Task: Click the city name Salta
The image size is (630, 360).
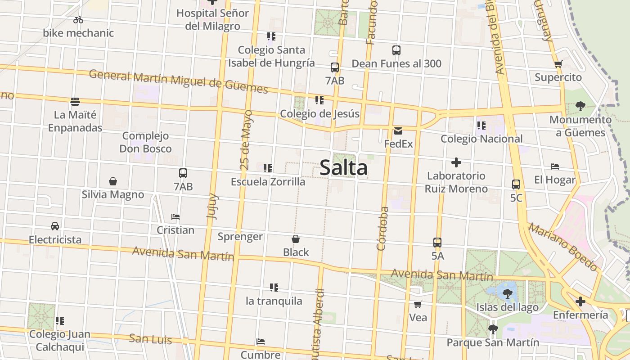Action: click(343, 168)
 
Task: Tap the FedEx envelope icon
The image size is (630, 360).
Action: click(398, 131)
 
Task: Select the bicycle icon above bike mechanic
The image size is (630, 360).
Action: click(78, 20)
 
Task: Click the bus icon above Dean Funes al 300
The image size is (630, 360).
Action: click(396, 50)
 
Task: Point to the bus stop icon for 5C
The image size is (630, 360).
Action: click(516, 184)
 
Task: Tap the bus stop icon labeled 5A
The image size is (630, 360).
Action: click(437, 243)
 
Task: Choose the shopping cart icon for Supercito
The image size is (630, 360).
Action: click(558, 64)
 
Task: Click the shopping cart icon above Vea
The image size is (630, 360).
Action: click(418, 305)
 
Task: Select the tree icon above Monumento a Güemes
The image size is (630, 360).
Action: click(580, 106)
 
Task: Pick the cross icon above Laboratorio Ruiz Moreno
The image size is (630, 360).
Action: click(456, 162)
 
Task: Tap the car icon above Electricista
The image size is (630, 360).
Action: click(55, 226)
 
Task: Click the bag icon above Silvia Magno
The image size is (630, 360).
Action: click(113, 181)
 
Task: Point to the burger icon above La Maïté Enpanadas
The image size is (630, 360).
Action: click(75, 102)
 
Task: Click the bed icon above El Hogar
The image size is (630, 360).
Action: click(555, 166)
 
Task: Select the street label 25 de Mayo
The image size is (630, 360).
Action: click(246, 140)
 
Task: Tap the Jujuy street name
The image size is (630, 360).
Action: click(212, 206)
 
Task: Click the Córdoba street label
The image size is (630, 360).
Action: click(382, 229)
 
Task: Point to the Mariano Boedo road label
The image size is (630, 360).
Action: click(563, 247)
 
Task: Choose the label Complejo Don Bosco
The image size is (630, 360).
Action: click(145, 142)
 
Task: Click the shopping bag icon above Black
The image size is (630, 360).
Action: click(296, 239)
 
